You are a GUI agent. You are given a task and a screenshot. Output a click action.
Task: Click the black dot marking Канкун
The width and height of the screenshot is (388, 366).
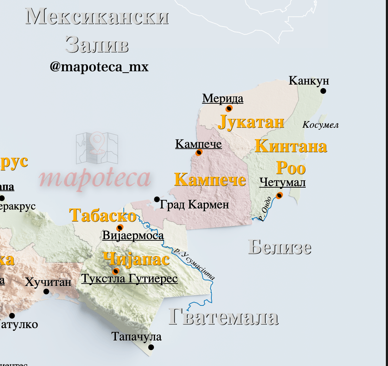(x=323, y=91)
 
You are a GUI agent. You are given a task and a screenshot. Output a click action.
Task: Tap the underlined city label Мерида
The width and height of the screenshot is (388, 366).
(x=223, y=98)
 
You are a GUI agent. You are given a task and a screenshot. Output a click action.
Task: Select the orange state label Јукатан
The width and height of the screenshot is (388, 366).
(x=251, y=122)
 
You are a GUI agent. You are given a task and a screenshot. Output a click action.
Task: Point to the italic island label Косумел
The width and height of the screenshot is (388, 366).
(x=320, y=125)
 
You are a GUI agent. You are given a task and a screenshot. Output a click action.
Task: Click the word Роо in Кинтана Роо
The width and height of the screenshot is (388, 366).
(x=291, y=168)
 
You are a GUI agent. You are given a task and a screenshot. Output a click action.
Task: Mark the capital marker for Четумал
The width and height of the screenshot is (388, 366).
(x=279, y=195)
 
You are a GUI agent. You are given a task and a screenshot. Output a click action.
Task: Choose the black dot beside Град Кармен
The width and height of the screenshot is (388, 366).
(x=157, y=199)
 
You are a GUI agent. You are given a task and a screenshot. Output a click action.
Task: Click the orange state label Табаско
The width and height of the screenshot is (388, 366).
(x=103, y=215)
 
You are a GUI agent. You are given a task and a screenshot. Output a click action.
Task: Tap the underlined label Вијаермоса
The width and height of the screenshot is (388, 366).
(x=133, y=235)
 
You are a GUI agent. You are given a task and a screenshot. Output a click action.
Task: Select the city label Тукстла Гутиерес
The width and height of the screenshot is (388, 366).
(x=129, y=279)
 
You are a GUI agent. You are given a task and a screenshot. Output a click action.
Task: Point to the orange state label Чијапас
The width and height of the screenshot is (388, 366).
(x=136, y=259)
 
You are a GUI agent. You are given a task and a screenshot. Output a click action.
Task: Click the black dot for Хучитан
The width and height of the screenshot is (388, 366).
(x=46, y=291)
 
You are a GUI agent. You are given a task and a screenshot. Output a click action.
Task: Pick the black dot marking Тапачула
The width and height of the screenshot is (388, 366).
(x=151, y=347)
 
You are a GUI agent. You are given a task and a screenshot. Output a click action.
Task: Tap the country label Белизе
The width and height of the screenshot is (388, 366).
(x=279, y=247)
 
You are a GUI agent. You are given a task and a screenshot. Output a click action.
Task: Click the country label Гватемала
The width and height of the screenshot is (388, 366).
(x=223, y=316)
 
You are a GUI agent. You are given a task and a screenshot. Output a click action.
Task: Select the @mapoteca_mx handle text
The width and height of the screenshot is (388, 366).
(x=99, y=67)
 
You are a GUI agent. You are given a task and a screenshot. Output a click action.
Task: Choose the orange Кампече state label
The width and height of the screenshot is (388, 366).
(x=210, y=179)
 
